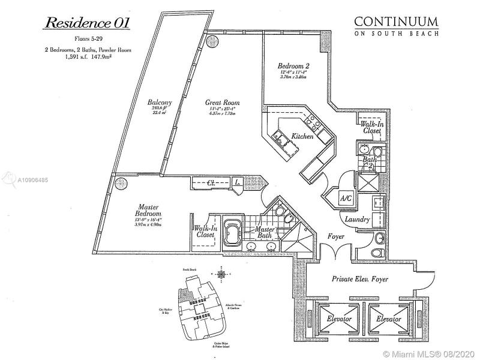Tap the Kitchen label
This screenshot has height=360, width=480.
(x=302, y=137)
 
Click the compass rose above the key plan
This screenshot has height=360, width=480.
(x=223, y=275)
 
